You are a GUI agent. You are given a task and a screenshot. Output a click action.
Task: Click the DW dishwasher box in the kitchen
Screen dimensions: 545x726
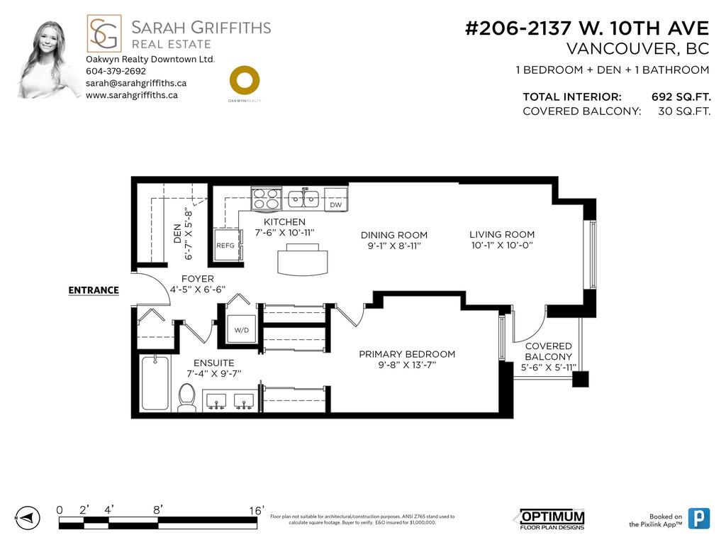tap(336, 205)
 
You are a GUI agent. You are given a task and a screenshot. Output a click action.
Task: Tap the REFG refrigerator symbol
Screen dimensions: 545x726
tap(225, 246)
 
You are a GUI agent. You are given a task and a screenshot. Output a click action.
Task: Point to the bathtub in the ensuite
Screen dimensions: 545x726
tap(155, 382)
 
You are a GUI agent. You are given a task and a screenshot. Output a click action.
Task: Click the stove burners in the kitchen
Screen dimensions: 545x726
tap(267, 197)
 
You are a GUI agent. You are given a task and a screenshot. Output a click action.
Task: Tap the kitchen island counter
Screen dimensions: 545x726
tap(303, 260)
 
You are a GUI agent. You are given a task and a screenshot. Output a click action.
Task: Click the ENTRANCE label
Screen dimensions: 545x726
tap(93, 290)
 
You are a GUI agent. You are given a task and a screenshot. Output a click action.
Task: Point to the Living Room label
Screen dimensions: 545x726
tap(502, 234)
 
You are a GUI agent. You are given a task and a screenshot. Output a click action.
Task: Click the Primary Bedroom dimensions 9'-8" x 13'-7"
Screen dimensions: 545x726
tap(407, 365)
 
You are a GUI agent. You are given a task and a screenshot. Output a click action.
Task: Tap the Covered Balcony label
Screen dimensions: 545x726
tap(548, 351)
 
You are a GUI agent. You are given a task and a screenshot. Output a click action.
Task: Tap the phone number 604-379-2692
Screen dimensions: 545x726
tap(116, 71)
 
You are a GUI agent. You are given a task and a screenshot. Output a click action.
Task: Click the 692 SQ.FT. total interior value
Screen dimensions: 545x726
tap(681, 97)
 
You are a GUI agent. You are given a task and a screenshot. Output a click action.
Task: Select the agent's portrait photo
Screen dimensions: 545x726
tap(48, 60)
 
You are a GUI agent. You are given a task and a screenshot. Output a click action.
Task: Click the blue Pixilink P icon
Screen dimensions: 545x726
tap(699, 519)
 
